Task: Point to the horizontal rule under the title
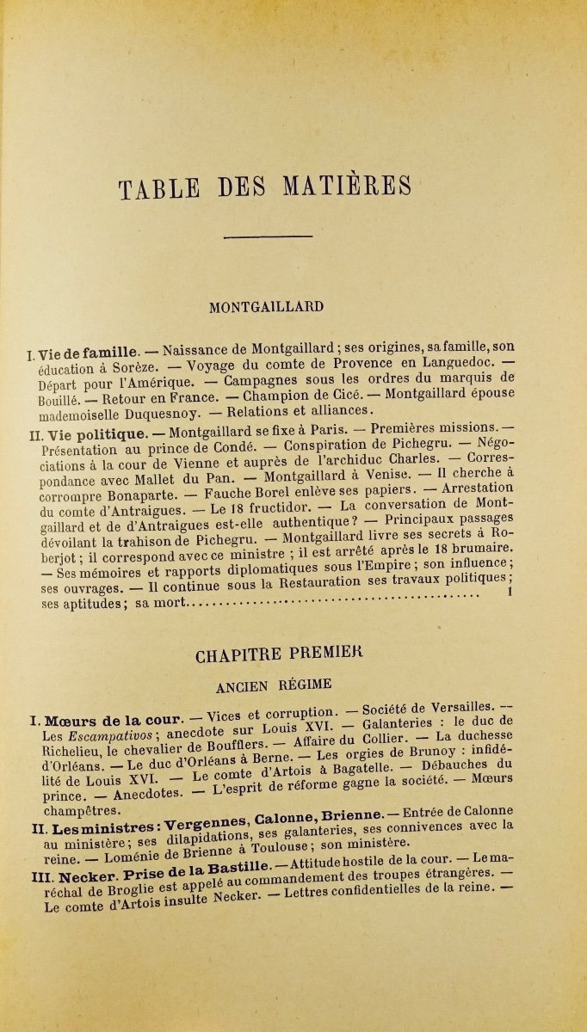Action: [268, 236]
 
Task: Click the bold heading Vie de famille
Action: [87, 352]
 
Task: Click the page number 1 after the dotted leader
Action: [510, 593]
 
